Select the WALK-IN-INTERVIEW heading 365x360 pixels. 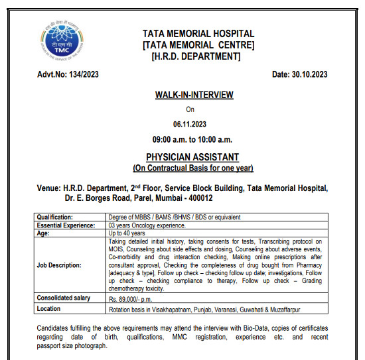(194, 95)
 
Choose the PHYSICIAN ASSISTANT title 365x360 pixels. (193, 157)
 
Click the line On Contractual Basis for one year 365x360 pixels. (193, 168)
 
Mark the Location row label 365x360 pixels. (50, 308)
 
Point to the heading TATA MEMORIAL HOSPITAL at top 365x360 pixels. (198, 34)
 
